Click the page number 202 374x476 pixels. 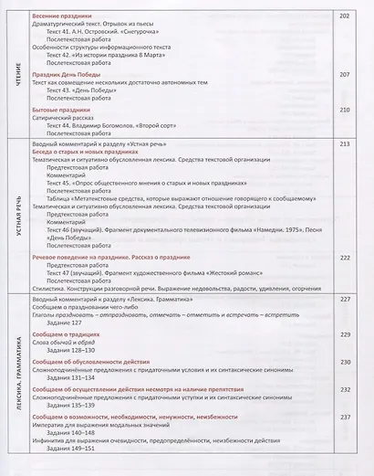[x=344, y=16]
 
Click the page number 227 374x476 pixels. [x=344, y=300]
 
